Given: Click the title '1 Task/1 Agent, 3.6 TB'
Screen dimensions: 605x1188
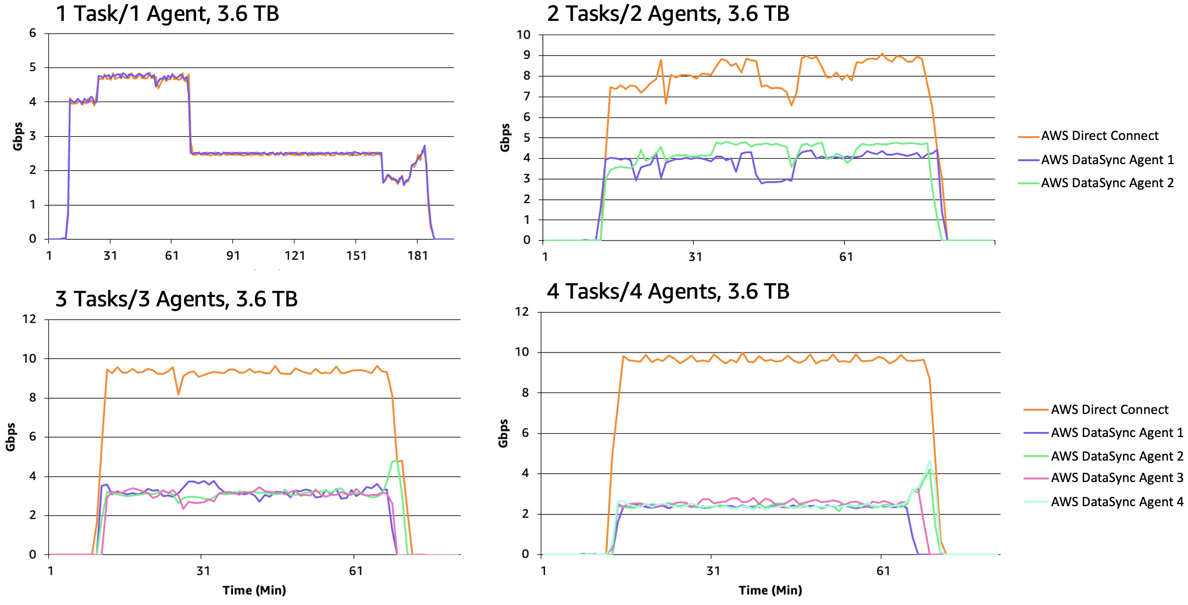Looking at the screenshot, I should click(167, 13).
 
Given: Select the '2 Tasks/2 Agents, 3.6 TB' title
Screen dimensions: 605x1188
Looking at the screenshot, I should click(668, 13).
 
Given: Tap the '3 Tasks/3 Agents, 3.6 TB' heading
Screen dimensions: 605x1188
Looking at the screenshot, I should click(176, 299).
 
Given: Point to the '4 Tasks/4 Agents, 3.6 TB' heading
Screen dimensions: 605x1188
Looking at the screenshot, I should click(668, 292).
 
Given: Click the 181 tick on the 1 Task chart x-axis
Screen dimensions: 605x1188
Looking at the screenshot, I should click(418, 256).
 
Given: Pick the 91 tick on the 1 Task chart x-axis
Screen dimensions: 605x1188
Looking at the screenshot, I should click(233, 256).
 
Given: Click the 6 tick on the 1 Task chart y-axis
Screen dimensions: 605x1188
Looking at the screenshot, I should click(33, 33).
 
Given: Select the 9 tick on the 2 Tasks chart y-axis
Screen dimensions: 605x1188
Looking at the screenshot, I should click(526, 55).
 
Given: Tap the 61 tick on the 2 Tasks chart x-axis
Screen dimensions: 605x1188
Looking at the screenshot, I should click(846, 257).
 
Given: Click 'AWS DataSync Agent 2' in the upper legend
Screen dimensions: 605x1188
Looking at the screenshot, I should click(1107, 183).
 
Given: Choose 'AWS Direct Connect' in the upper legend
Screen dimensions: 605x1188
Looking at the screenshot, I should click(1099, 136).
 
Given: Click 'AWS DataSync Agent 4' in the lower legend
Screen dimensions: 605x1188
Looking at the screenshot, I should click(1117, 502).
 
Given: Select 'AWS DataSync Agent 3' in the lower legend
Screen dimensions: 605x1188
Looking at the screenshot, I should click(1117, 478).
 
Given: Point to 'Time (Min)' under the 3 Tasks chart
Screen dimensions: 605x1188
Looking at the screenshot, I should click(254, 590).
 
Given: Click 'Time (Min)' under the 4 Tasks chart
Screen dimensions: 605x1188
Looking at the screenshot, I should click(770, 590).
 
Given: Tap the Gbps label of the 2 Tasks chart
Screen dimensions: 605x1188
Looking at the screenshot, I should click(505, 137).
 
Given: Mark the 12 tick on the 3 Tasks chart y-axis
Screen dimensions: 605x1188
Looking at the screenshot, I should click(29, 319).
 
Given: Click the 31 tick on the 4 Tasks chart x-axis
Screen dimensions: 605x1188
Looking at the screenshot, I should click(713, 571).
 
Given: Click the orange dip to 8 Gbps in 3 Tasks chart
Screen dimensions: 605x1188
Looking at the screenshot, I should click(178, 393).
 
